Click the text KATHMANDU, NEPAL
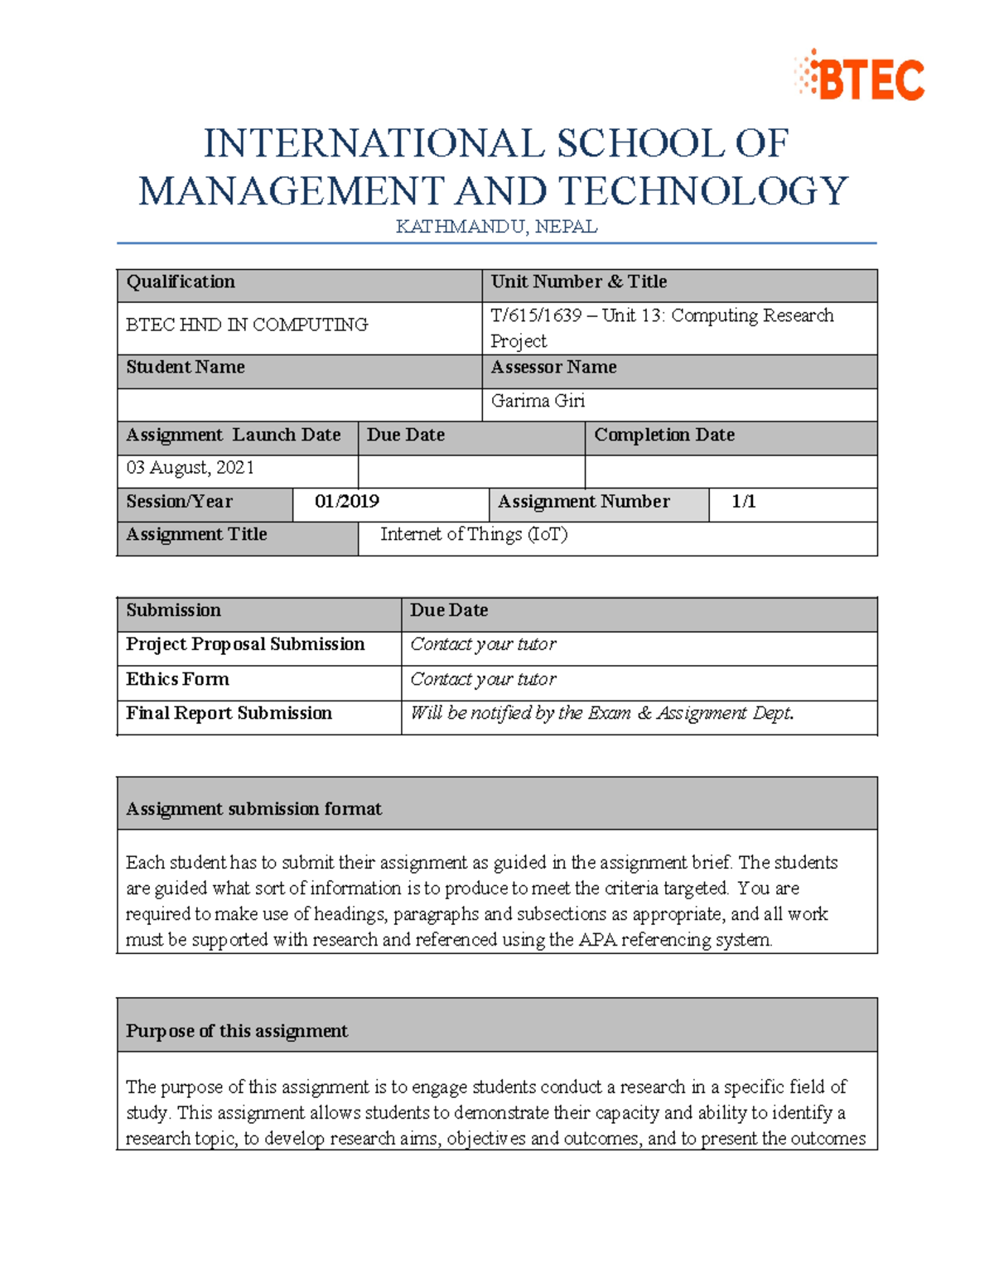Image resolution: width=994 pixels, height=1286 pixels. click(x=496, y=227)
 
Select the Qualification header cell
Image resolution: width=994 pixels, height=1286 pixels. click(x=181, y=282)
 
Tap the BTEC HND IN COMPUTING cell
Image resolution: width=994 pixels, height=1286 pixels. click(x=247, y=325)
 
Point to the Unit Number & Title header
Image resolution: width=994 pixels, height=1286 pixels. click(x=578, y=282)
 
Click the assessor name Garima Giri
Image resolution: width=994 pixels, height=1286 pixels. click(x=538, y=402)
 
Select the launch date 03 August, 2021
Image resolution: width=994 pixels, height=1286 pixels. click(x=190, y=468)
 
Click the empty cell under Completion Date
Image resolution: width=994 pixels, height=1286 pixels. click(x=730, y=471)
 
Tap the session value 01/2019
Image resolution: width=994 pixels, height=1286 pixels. click(x=347, y=502)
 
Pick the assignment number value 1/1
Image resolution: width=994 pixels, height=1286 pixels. click(x=743, y=502)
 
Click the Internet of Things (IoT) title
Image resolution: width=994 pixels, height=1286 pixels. click(x=474, y=535)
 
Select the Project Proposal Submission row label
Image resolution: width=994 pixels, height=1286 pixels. click(x=245, y=644)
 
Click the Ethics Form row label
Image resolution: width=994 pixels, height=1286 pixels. click(x=177, y=680)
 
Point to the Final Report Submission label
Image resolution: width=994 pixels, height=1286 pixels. click(x=229, y=714)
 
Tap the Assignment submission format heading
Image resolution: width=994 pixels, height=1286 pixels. click(x=253, y=809)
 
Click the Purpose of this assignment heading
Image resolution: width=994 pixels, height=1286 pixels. click(x=236, y=1031)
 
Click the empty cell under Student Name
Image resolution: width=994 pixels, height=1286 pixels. click(x=299, y=405)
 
